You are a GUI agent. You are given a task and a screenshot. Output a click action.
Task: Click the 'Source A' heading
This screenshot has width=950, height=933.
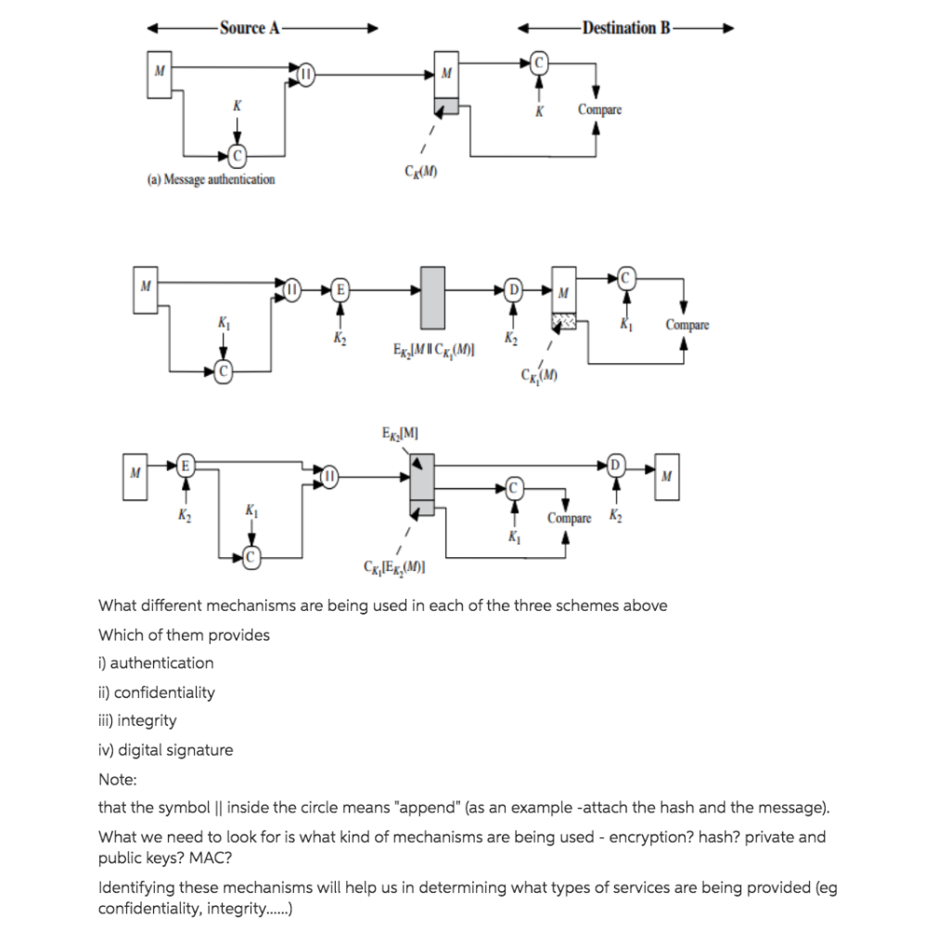pyautogui.click(x=250, y=28)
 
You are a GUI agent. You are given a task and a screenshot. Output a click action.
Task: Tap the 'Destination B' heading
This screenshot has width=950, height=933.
pyautogui.click(x=625, y=28)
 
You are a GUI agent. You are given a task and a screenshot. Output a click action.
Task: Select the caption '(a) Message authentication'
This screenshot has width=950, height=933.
pyautogui.click(x=211, y=179)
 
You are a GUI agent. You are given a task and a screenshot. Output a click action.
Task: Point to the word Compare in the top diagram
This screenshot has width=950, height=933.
pyautogui.click(x=599, y=110)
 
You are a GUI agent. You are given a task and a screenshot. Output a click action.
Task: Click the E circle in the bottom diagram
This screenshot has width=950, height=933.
pyautogui.click(x=186, y=464)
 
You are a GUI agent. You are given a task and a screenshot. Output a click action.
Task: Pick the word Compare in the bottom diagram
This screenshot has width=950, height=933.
pyautogui.click(x=569, y=518)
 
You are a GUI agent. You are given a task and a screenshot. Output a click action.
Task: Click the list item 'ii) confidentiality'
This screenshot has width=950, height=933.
pyautogui.click(x=156, y=693)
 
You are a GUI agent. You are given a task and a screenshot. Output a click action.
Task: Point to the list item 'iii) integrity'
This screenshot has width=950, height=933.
pyautogui.click(x=137, y=721)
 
